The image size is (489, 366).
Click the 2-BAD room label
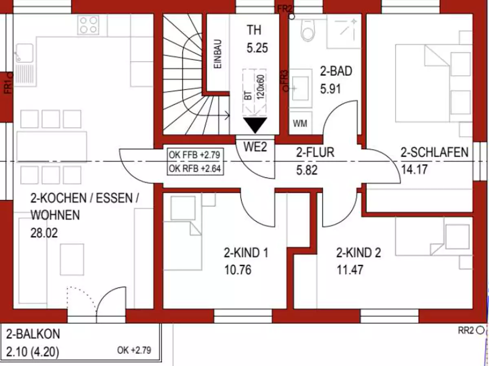[336, 71]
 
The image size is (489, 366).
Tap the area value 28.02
[44, 233]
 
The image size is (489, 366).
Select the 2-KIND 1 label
[246, 253]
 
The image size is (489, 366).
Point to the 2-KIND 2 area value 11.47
[350, 270]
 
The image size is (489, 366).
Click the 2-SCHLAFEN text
[434, 152]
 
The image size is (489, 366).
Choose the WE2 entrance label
[255, 147]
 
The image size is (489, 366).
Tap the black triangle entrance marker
[255, 125]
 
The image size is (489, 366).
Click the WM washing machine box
[300, 123]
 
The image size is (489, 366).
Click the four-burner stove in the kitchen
[88, 25]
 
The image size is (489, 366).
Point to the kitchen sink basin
[25, 53]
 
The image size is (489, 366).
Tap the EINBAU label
[218, 54]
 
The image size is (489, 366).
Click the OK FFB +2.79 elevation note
[194, 155]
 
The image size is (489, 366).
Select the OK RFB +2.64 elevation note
[195, 169]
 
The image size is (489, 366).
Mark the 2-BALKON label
[33, 334]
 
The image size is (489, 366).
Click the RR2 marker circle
[480, 330]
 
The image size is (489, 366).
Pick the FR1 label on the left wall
[8, 88]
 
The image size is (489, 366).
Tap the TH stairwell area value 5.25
[257, 48]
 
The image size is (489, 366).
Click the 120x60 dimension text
[260, 87]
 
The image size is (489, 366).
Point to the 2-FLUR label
[315, 152]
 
